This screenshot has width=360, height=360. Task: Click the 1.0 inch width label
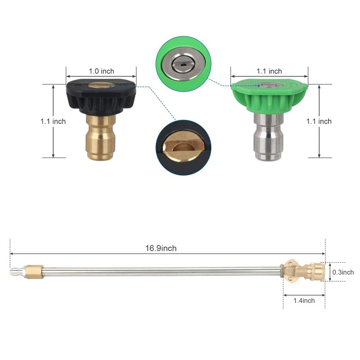(x=102, y=71)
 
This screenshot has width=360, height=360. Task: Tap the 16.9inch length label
(x=161, y=248)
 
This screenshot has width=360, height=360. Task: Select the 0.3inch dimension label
(x=343, y=272)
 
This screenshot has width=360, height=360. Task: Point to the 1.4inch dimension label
(x=304, y=301)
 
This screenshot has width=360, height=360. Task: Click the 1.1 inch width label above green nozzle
(x=269, y=71)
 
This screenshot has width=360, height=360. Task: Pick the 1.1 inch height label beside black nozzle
(x=53, y=121)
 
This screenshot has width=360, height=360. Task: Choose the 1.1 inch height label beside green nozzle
(x=319, y=121)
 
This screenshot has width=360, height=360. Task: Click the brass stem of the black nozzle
(x=100, y=137)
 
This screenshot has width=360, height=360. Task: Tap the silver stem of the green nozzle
(x=269, y=137)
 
